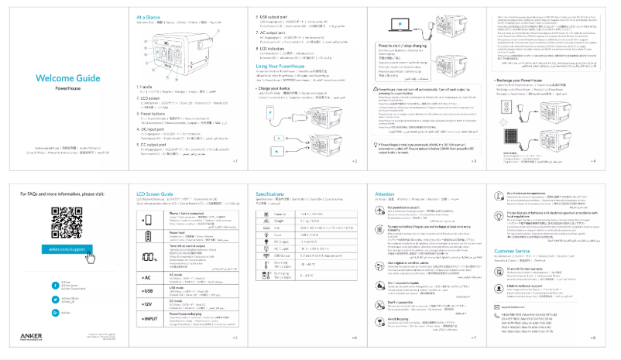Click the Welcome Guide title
tap(68, 78)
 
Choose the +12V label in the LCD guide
tap(146, 318)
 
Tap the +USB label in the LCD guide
tap(146, 297)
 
